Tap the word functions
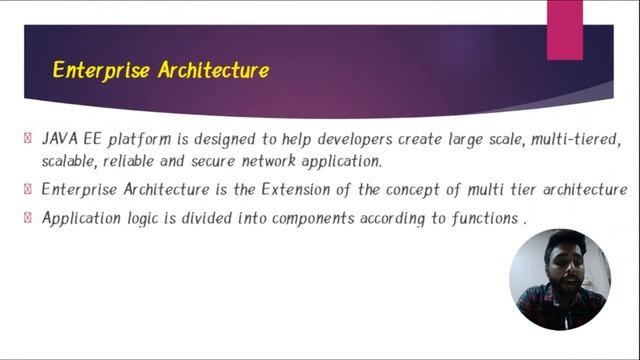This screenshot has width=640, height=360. (484, 217)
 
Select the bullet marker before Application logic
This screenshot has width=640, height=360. (28, 217)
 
